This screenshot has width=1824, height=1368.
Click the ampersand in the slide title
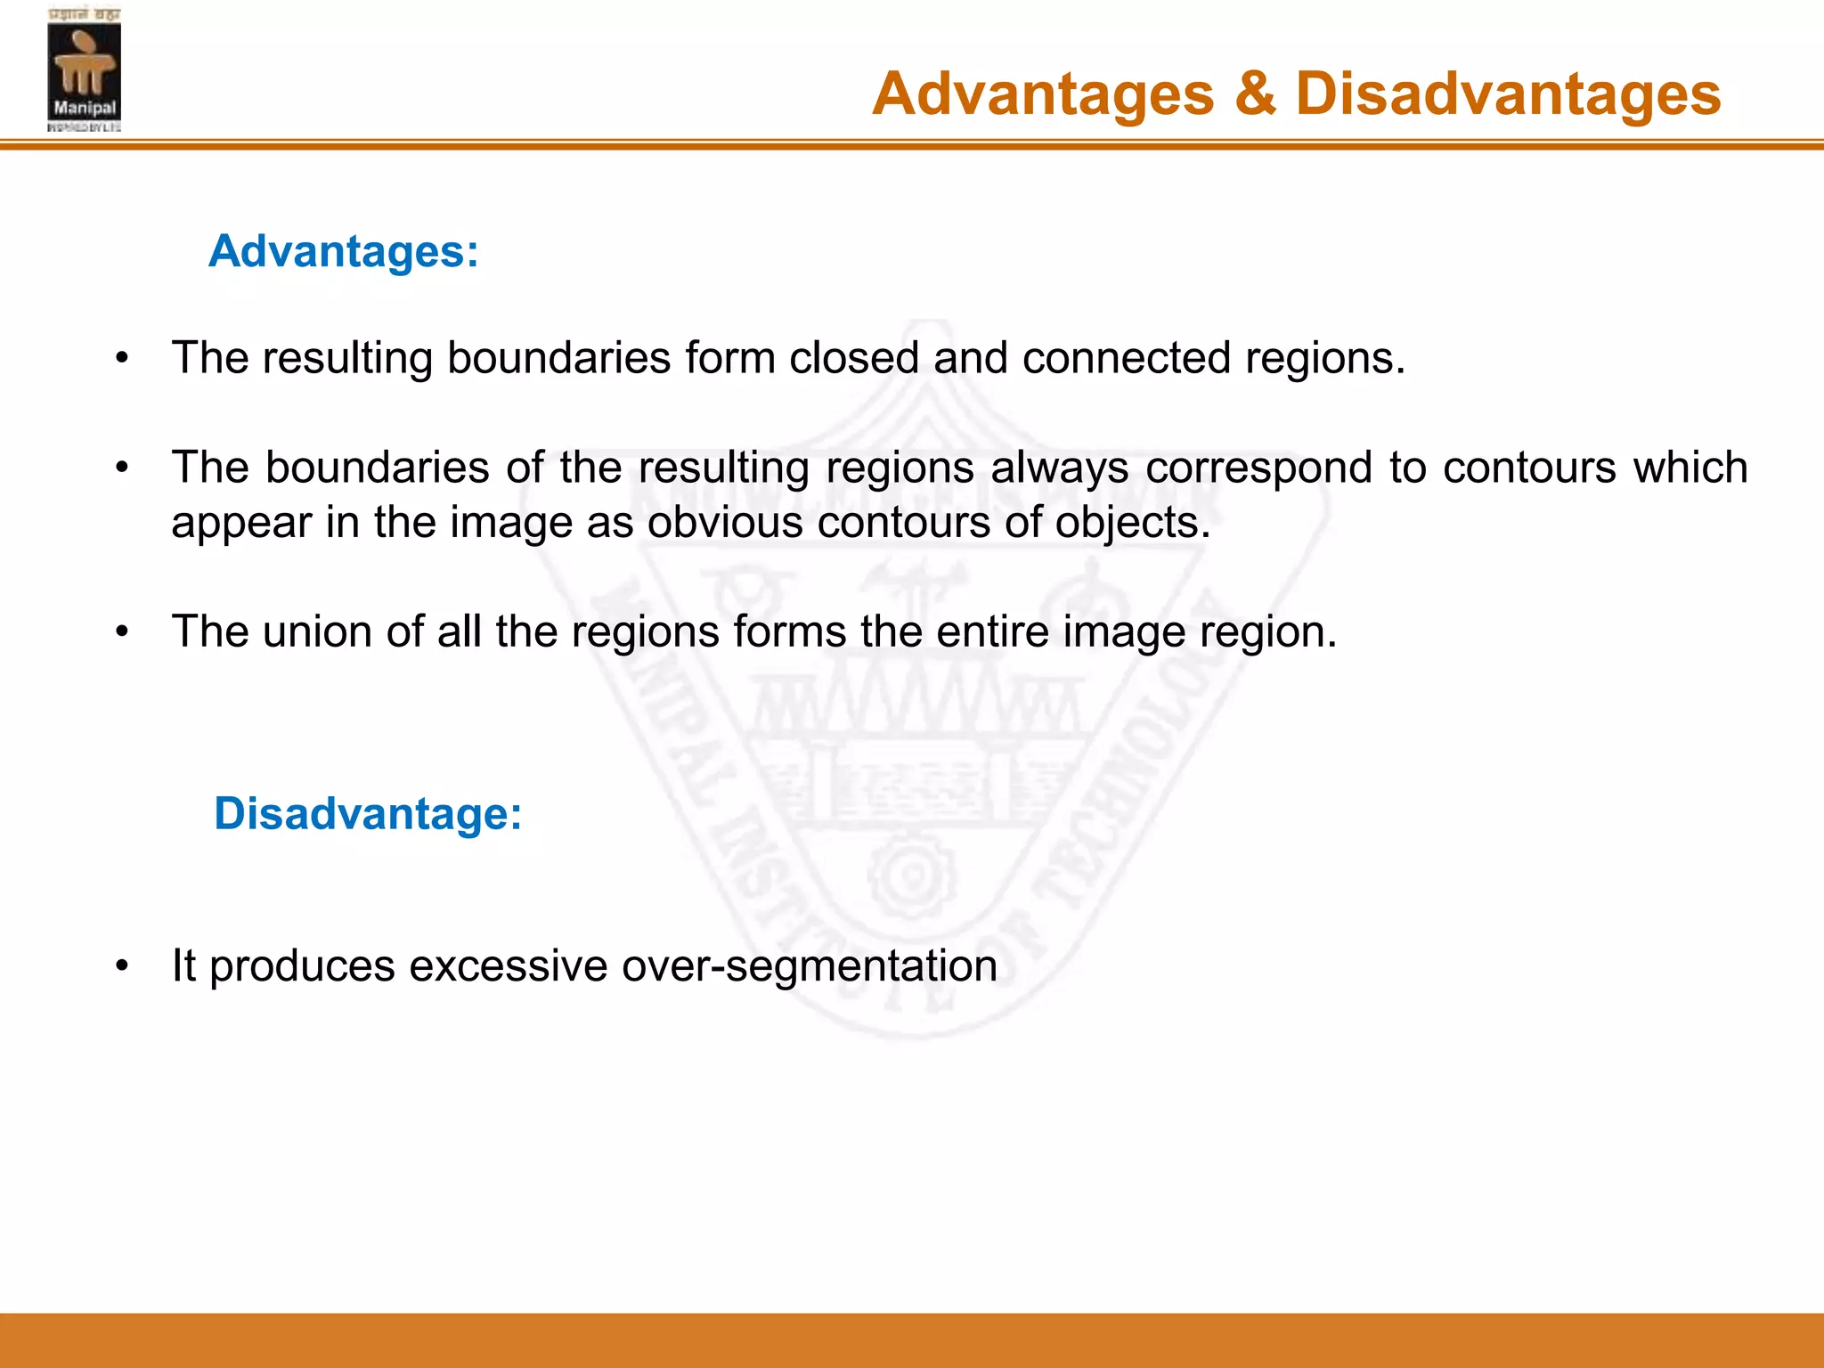click(x=1255, y=94)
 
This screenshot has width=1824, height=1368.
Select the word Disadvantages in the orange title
click(x=1508, y=94)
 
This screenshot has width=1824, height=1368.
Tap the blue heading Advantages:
click(x=344, y=251)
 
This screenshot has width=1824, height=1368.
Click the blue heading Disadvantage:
click(x=368, y=814)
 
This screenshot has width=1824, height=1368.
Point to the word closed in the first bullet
click(x=853, y=358)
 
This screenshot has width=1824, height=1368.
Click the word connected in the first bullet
click(x=1125, y=358)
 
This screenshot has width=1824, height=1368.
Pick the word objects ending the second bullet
click(x=1132, y=524)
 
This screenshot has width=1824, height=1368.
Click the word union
click(x=316, y=631)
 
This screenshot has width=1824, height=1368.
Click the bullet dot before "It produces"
click(x=123, y=966)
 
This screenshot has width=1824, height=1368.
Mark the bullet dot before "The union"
click(x=123, y=632)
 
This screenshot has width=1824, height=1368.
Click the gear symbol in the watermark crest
click(x=912, y=875)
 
